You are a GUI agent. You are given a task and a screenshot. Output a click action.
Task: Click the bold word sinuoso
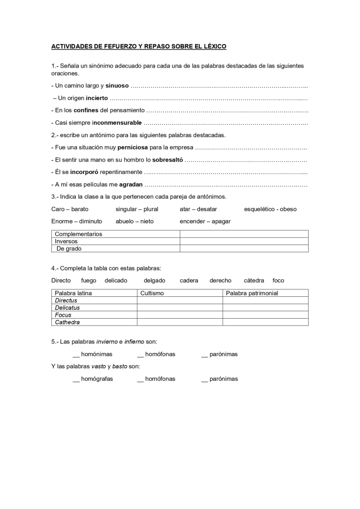tap(117, 86)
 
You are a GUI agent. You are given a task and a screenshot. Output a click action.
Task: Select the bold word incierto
tap(96, 98)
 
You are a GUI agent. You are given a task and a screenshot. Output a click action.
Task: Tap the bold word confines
tap(86, 110)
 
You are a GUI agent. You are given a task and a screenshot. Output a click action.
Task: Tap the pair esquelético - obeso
tap(270, 209)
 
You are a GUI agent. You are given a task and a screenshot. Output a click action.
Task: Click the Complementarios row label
tap(79, 234)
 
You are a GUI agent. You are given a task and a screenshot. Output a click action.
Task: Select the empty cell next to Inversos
tap(244, 241)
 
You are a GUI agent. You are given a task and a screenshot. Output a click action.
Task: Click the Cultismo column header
tap(152, 293)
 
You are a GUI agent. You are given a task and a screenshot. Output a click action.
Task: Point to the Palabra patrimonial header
tap(252, 293)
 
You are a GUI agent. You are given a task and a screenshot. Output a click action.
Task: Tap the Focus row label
tap(63, 315)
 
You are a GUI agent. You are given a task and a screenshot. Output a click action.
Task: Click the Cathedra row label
tap(67, 322)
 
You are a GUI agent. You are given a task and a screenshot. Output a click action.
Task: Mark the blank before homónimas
tap(76, 354)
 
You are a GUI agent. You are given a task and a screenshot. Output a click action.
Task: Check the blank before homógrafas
tap(76, 379)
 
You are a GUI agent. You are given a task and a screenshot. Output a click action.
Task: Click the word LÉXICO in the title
tap(214, 47)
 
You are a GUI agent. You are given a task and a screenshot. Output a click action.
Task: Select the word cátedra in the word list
tap(254, 281)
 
